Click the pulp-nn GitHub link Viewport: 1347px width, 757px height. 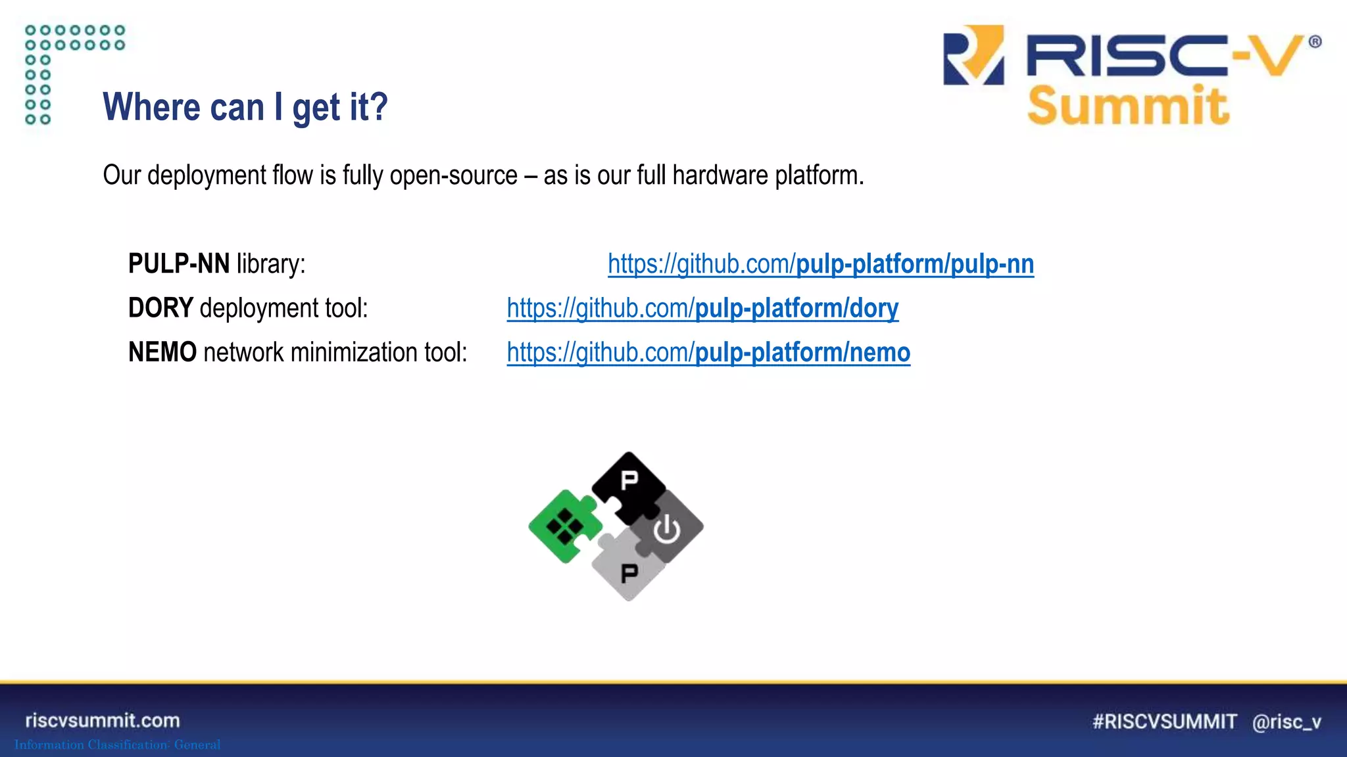(x=820, y=264)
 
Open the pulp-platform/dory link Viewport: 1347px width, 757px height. (x=702, y=308)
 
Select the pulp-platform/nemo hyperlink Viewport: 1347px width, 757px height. (x=708, y=353)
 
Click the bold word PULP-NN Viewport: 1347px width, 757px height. (x=179, y=264)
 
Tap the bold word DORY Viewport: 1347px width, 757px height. (x=160, y=308)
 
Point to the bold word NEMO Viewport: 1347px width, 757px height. (x=162, y=353)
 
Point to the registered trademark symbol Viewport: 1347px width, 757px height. (x=1315, y=42)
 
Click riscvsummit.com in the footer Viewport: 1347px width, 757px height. (x=103, y=721)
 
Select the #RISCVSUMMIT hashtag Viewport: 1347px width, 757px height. (x=1164, y=722)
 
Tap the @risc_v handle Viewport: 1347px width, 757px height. (x=1286, y=722)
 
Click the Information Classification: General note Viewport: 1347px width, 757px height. (x=118, y=745)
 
